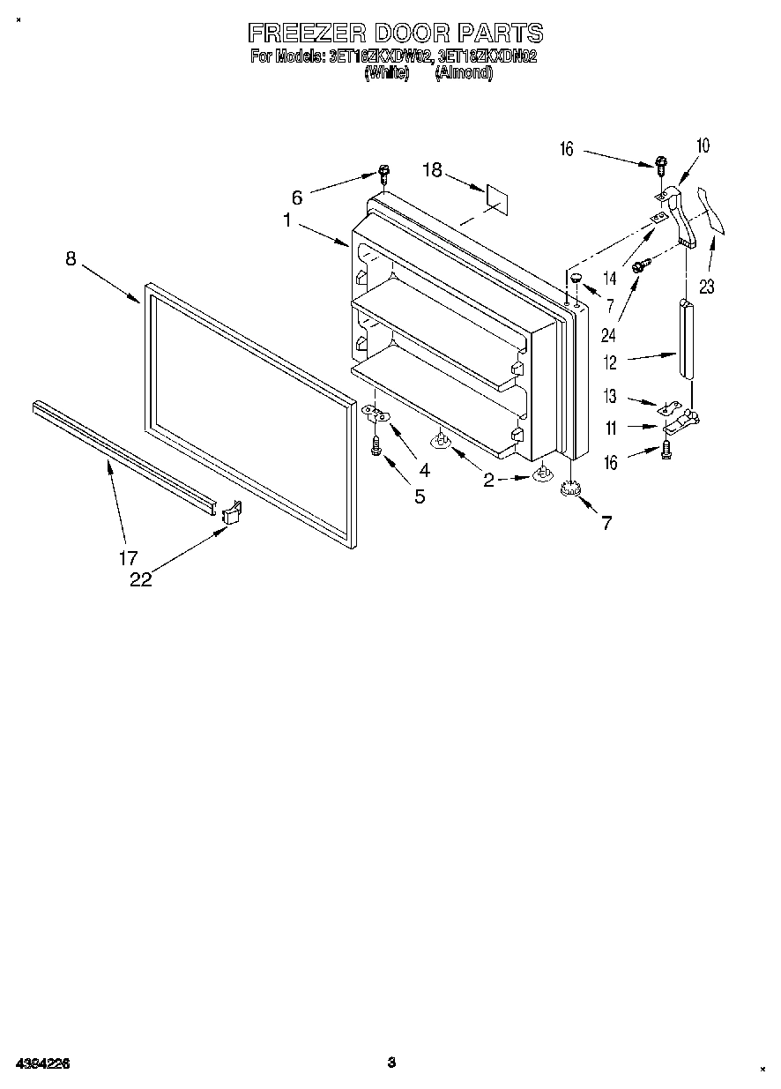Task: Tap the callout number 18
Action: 432,170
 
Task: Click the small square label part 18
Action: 496,199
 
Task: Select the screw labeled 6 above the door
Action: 384,173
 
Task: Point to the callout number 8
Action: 71,258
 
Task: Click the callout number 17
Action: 129,557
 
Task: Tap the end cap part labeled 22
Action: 231,512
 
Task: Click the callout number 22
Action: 140,579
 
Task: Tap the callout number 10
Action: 703,145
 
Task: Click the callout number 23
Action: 707,285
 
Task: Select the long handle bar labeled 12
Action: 688,339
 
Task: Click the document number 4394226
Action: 41,1063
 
